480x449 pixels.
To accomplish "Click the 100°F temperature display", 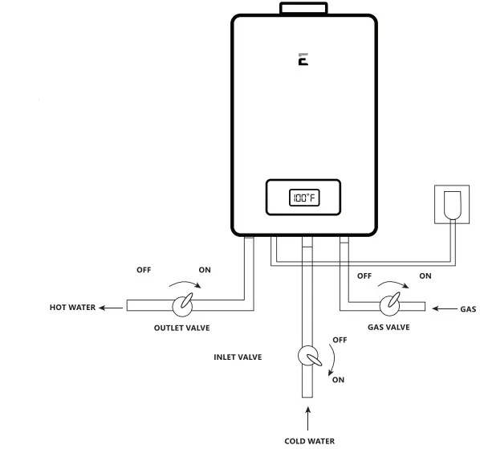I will click(304, 197).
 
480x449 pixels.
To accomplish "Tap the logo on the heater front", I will click(303, 59).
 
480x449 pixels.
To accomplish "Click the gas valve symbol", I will click(390, 306).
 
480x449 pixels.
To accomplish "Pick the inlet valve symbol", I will click(307, 356).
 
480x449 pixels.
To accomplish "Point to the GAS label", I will click(468, 309).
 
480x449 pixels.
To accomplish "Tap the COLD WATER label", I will click(310, 440).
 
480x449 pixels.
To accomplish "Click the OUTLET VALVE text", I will click(185, 328).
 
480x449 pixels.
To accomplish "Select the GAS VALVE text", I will click(389, 327).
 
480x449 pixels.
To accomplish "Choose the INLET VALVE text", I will click(238, 357).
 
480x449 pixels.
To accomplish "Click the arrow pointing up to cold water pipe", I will click(307, 418).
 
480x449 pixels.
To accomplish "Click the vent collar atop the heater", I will click(304, 8).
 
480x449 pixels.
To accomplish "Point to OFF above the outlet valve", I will click(143, 271).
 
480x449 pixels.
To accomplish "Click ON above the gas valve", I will click(425, 276).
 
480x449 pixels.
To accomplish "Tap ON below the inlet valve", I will click(338, 380).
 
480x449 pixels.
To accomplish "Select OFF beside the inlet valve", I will click(338, 340).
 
